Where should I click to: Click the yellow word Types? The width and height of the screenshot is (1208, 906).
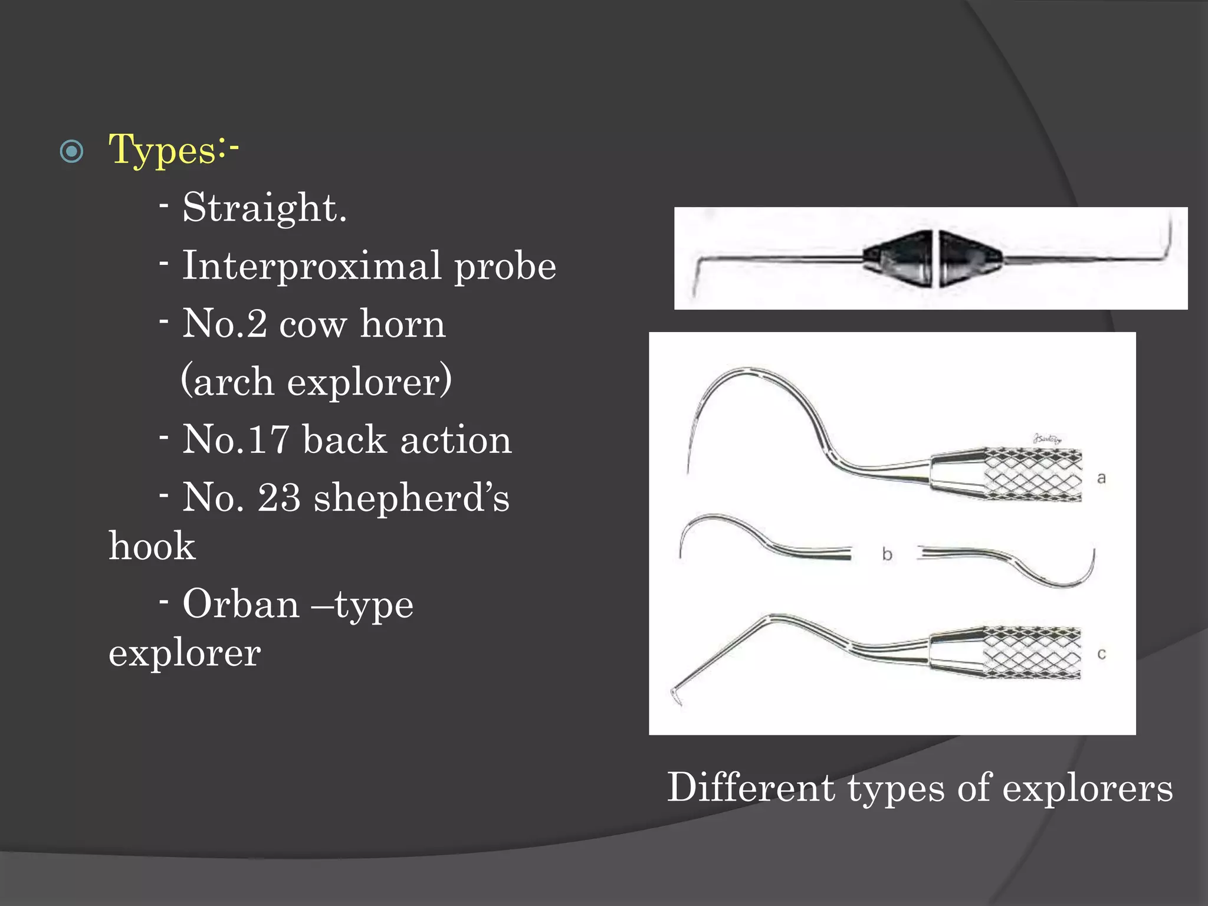point(162,150)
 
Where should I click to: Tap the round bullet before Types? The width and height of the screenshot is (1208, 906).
point(72,152)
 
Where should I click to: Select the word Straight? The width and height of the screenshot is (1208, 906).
point(264,208)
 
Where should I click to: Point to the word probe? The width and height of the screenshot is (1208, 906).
point(505,268)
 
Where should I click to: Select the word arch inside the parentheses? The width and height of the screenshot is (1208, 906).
point(234,382)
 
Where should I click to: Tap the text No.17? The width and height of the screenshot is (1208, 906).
point(236,439)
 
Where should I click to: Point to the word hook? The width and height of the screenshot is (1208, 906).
point(152,546)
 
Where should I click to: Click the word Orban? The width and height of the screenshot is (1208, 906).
point(241,604)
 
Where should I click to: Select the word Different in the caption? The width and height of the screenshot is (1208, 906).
point(751,787)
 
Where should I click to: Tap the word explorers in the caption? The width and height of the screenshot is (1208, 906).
point(1088,789)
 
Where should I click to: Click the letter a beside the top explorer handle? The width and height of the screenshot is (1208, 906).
point(1101,478)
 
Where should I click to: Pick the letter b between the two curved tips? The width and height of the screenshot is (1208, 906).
point(887,554)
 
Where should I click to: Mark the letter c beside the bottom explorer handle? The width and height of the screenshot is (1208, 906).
point(1101,654)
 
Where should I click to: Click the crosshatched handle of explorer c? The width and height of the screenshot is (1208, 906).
point(1032,653)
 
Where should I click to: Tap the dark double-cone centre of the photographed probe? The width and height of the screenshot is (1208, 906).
point(933,258)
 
